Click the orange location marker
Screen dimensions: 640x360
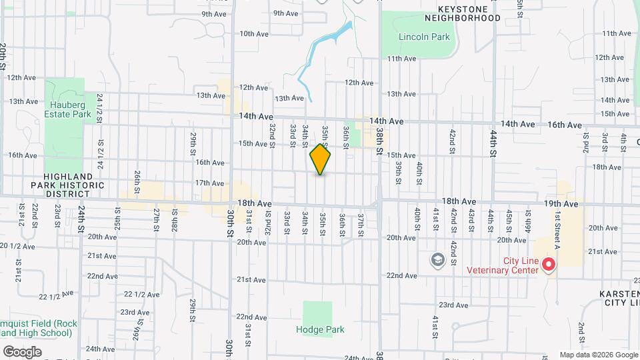[321, 159]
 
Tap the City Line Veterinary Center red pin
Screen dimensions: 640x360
[549, 265]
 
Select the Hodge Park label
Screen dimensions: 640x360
[317, 329]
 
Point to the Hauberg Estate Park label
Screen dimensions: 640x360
[68, 109]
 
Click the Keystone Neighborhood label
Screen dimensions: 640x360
[469, 13]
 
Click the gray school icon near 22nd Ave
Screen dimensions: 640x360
[438, 259]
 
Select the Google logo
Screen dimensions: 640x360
[22, 352]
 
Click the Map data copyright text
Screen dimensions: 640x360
[598, 355]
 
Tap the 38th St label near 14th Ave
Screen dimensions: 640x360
[379, 141]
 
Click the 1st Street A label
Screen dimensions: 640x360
[556, 227]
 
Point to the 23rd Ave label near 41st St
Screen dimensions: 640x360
[453, 305]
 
